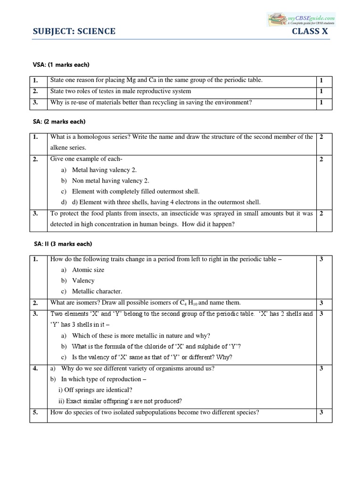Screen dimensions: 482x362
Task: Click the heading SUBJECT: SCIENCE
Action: pyautogui.click(x=74, y=32)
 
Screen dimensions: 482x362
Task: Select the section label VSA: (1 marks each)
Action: pyautogui.click(x=59, y=64)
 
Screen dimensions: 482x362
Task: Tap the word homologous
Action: pyautogui.click(x=98, y=137)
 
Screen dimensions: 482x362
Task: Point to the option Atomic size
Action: pyautogui.click(x=88, y=270)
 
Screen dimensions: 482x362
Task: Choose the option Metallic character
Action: pyautogui.click(x=97, y=291)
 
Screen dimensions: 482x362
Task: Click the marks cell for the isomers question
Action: pyautogui.click(x=321, y=303)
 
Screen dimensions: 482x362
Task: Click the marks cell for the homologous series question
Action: pyautogui.click(x=321, y=137)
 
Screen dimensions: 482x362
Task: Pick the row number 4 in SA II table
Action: pyautogui.click(x=35, y=369)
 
